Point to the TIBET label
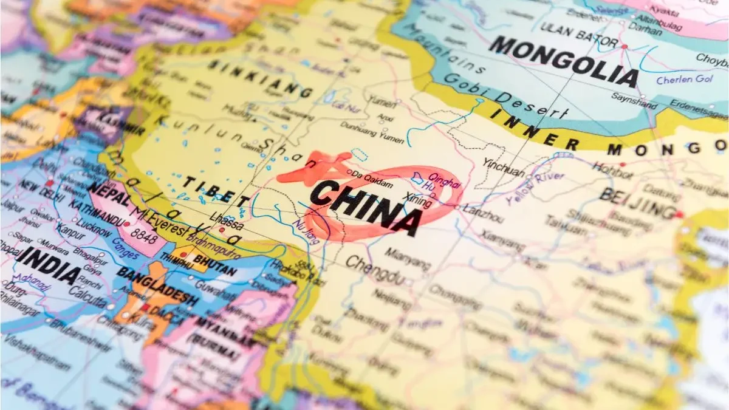(216, 191)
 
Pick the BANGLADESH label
(157, 285)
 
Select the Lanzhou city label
(484, 214)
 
